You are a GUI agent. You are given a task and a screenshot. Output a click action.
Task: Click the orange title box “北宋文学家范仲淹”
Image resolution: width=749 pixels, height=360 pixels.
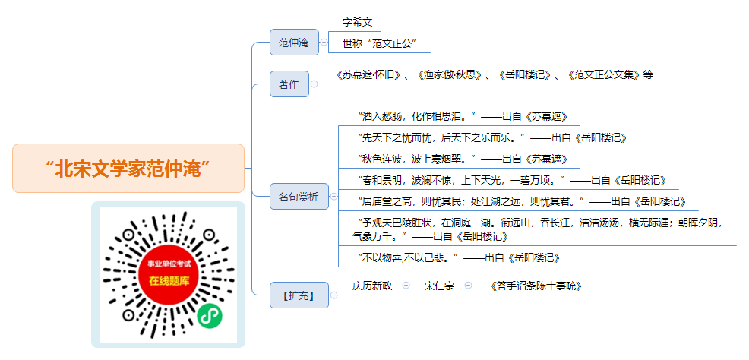pyautogui.click(x=128, y=168)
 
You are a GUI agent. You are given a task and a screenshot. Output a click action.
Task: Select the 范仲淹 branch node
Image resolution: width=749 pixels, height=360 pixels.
pyautogui.click(x=294, y=42)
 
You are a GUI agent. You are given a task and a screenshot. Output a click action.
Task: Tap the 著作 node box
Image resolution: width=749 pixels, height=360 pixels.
pyautogui.click(x=289, y=84)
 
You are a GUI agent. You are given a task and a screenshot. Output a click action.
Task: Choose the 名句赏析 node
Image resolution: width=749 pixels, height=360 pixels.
pyautogui.click(x=299, y=196)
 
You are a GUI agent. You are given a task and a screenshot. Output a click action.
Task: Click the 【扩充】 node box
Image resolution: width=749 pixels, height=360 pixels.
pyautogui.click(x=299, y=295)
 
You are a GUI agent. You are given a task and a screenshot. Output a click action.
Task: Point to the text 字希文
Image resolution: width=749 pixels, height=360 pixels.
pyautogui.click(x=357, y=22)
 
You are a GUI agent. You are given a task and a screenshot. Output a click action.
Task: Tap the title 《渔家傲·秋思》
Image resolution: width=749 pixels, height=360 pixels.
pyautogui.click(x=449, y=75)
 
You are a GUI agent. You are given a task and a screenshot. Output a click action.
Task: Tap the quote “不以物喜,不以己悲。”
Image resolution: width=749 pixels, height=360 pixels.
pyautogui.click(x=408, y=258)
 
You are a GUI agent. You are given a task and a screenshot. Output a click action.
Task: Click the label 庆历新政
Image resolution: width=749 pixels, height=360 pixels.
pyautogui.click(x=372, y=286)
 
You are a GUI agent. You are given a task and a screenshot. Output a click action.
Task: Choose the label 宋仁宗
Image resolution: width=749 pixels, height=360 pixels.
pyautogui.click(x=439, y=286)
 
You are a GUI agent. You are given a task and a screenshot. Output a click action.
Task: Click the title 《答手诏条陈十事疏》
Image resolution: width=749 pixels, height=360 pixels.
pyautogui.click(x=536, y=286)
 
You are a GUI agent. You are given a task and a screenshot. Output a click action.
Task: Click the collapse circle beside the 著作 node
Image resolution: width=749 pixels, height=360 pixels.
pyautogui.click(x=314, y=84)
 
